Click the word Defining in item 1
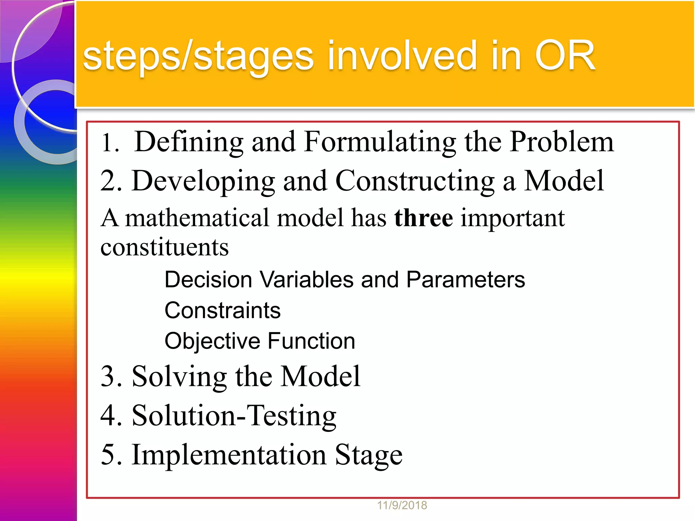[x=189, y=142]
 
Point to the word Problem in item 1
[x=562, y=141]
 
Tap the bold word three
[x=423, y=218]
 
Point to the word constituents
[x=165, y=247]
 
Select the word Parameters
[x=465, y=280]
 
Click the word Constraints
[x=223, y=310]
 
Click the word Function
[x=311, y=341]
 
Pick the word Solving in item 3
[x=179, y=377]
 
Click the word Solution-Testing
[x=234, y=416]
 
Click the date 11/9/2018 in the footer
[x=402, y=505]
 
